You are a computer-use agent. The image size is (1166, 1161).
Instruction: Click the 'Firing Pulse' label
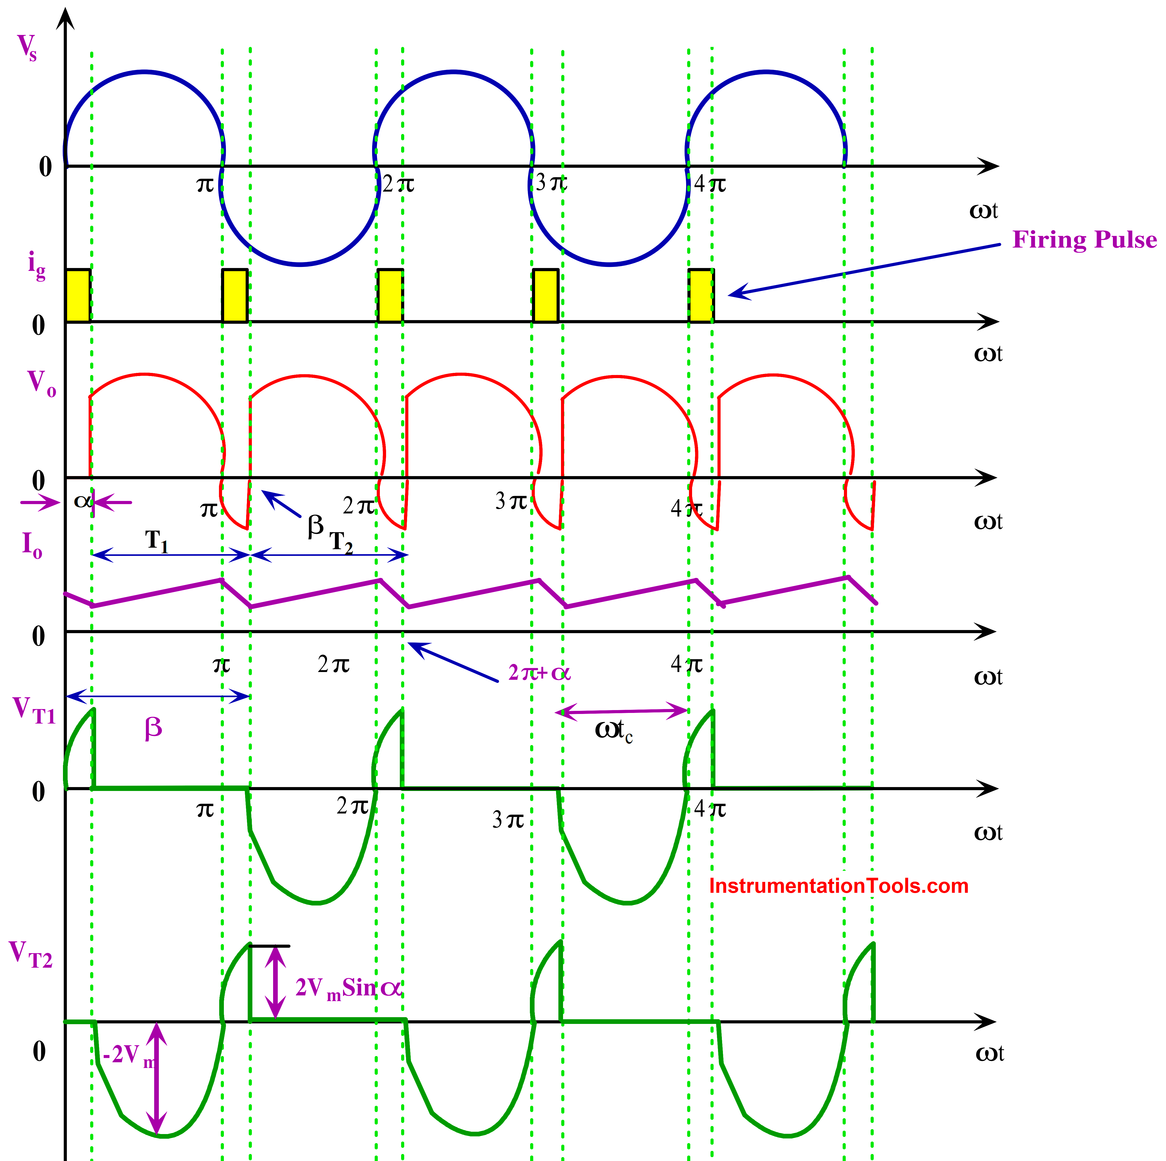coord(1084,240)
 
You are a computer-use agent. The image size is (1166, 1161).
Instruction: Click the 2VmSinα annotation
coord(348,988)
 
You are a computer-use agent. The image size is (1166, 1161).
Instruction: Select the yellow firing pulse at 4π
coord(701,296)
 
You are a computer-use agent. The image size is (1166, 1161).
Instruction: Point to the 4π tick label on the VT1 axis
coord(710,808)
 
